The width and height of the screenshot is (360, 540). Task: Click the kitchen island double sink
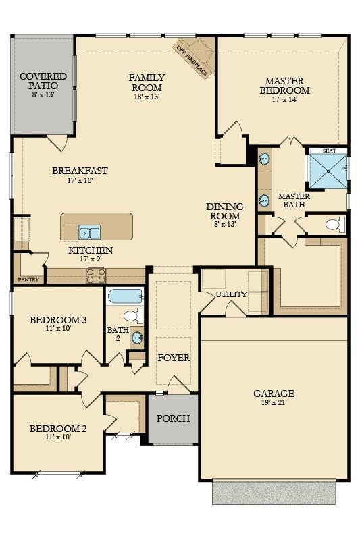point(90,232)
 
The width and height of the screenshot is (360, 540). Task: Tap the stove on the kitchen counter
point(96,275)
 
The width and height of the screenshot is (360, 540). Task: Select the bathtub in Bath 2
point(125,296)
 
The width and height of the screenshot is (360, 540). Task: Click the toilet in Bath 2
point(133,315)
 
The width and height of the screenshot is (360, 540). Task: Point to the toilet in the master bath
point(335,225)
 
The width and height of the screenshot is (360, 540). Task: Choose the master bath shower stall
point(328,171)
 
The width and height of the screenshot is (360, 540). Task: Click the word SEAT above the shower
point(330,151)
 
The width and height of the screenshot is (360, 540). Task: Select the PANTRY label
point(28,279)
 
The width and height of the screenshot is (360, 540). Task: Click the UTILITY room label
point(231,294)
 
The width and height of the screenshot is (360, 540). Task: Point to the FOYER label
point(174,358)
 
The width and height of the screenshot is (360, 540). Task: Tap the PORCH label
point(173,418)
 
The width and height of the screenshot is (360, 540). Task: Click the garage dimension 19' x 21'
point(274,402)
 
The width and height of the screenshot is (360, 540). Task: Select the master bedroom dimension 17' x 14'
point(284,99)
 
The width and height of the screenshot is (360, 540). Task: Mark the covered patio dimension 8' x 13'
point(43,94)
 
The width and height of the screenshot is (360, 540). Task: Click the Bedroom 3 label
point(58,320)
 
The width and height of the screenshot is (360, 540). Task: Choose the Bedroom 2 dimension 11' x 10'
point(58,437)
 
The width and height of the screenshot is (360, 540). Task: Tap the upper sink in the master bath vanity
point(265,159)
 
